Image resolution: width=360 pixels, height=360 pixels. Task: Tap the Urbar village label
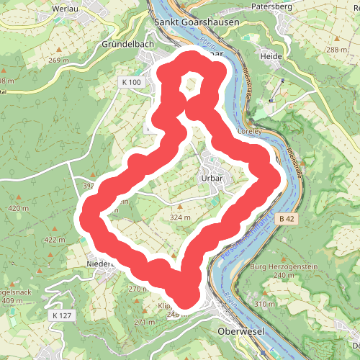coord(210,177)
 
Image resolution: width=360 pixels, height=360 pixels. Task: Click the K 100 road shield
coord(132,83)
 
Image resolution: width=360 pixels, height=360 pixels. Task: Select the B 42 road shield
coord(286,217)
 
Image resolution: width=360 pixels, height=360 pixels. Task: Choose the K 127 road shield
coord(63,315)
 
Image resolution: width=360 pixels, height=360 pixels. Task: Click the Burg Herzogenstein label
coord(284,267)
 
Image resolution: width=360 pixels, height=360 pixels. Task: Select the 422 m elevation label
coord(54,240)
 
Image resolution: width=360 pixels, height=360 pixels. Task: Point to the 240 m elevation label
coord(284,276)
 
